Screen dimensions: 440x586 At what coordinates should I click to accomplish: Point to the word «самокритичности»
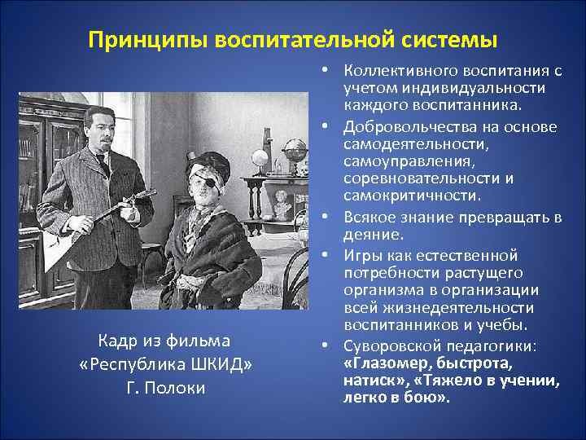405,196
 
